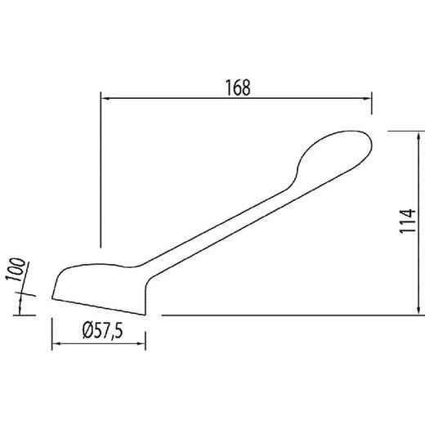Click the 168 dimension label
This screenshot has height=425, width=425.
[x=238, y=87]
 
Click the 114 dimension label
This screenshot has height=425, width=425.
[x=408, y=221]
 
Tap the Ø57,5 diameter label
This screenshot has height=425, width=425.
[x=102, y=330]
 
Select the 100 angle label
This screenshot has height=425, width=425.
[x=16, y=270]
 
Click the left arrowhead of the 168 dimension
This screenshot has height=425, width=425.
[x=105, y=98]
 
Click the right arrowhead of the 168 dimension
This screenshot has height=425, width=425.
[x=367, y=99]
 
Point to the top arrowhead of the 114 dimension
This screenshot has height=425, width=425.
[x=418, y=136]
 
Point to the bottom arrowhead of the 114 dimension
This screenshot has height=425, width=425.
[x=418, y=311]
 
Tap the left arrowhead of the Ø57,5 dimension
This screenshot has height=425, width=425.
[x=56, y=343]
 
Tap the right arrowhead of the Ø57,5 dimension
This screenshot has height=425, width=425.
[x=141, y=343]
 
